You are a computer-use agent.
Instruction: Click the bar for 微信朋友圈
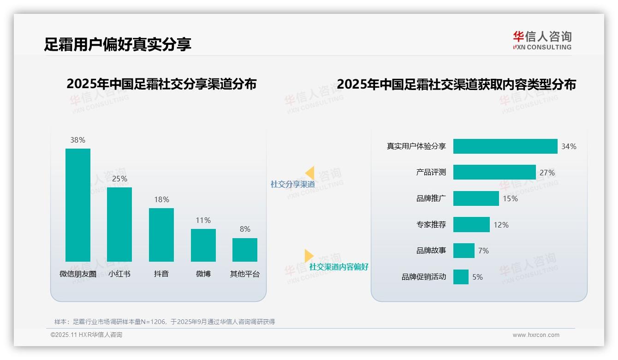pyautogui.click(x=78, y=205)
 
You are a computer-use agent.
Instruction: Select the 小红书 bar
pyautogui.click(x=119, y=224)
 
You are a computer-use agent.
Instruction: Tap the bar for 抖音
pyautogui.click(x=161, y=235)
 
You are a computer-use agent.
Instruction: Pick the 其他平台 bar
pyautogui.click(x=245, y=250)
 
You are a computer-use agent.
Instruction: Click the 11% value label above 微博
pyautogui.click(x=203, y=220)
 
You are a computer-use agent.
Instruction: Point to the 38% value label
pyautogui.click(x=78, y=140)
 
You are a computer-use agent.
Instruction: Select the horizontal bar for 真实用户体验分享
pyautogui.click(x=505, y=146)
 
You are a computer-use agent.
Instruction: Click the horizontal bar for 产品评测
pyautogui.click(x=494, y=172)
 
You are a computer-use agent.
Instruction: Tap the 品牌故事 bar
pyautogui.click(x=463, y=251)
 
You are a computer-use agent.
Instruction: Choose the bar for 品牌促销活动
pyautogui.click(x=461, y=277)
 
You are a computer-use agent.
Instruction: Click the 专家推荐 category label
pyautogui.click(x=431, y=225)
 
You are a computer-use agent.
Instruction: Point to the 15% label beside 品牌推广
pyautogui.click(x=510, y=198)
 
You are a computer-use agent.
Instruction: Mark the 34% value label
pyautogui.click(x=569, y=146)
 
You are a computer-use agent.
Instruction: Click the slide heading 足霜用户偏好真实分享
pyautogui.click(x=118, y=44)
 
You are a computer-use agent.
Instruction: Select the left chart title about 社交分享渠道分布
pyautogui.click(x=161, y=84)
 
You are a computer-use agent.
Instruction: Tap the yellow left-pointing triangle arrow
pyautogui.click(x=310, y=173)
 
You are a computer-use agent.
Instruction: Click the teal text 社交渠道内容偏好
pyautogui.click(x=339, y=267)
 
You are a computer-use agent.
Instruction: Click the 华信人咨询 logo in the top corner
pyautogui.click(x=542, y=40)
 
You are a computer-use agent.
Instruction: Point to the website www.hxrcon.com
pyautogui.click(x=536, y=335)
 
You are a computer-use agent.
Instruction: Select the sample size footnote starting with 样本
pyautogui.click(x=165, y=322)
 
